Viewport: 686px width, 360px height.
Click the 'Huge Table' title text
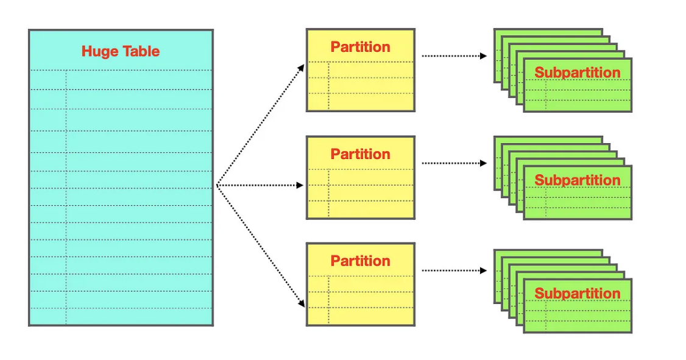pos(121,51)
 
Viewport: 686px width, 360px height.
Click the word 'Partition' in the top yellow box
pos(360,47)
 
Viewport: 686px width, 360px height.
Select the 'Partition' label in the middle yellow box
pos(360,154)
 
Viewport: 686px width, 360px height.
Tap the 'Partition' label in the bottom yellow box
pos(360,261)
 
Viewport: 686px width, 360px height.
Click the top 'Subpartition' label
pos(577,72)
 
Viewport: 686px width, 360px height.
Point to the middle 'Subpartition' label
pos(577,180)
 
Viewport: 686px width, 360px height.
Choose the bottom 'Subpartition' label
pos(577,293)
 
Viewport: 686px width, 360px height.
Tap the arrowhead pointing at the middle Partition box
pos(300,185)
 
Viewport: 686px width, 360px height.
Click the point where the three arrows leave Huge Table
pos(217,185)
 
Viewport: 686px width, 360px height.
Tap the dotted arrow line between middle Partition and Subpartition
pos(451,163)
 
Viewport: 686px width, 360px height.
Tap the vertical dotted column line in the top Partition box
pos(329,85)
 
